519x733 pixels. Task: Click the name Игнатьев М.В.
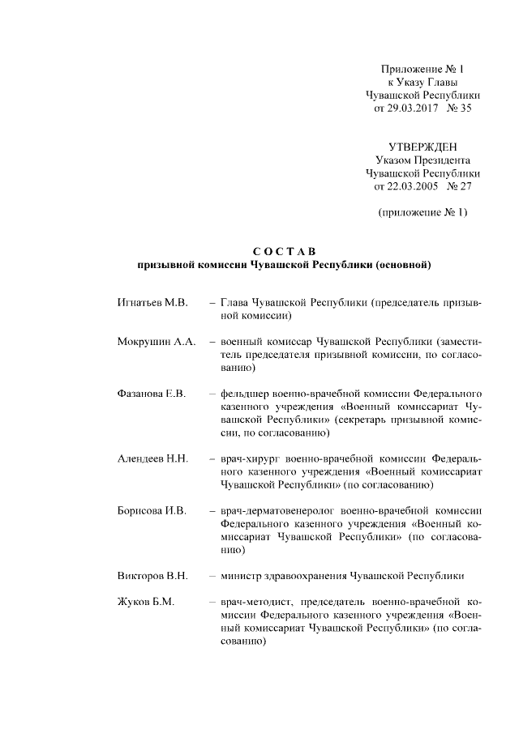tap(152, 302)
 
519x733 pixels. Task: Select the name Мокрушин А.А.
tap(157, 341)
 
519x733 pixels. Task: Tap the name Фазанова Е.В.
tap(152, 393)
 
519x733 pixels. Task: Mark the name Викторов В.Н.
tap(152, 575)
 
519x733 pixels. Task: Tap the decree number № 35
tap(459, 109)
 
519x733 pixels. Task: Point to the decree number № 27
tap(459, 186)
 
